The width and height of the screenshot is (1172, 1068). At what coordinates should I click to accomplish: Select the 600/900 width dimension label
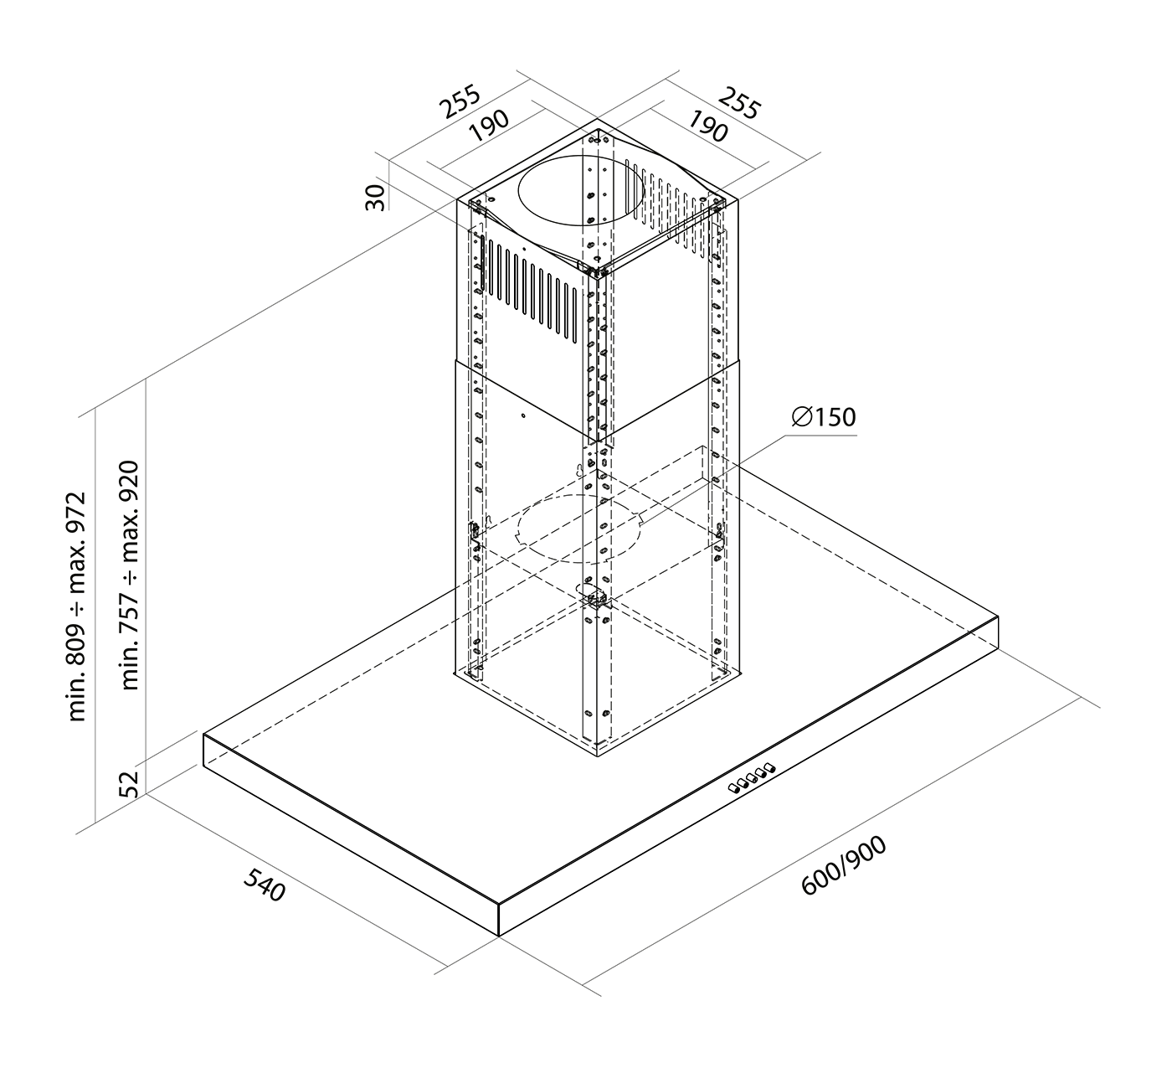844,865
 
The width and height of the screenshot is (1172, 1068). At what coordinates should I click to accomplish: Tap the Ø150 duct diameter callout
824,418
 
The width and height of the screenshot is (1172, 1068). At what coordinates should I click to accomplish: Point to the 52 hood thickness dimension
128,783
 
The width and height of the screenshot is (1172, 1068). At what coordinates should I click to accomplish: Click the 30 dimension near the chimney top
375,197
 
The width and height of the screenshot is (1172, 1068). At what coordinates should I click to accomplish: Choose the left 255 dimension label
460,101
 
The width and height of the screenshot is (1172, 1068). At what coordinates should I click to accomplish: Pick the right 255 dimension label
739,103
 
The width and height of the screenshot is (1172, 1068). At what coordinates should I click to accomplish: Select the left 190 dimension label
490,126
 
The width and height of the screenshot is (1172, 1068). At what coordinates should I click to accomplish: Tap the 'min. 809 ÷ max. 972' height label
76,606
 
